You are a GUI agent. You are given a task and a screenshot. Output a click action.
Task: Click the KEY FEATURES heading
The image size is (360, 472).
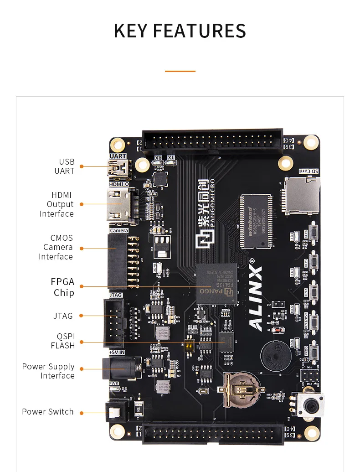click(180, 31)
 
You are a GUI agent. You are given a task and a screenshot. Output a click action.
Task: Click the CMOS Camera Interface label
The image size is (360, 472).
click(58, 247)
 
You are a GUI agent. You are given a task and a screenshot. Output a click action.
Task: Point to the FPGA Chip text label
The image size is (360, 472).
click(63, 287)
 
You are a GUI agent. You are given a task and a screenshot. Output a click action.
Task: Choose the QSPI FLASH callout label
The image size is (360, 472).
click(63, 341)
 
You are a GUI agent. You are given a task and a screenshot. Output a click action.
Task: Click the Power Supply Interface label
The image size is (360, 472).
click(48, 371)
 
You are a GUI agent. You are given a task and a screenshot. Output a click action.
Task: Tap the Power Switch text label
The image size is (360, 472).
click(48, 412)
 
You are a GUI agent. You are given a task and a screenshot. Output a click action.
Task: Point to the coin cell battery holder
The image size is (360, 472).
click(240, 389)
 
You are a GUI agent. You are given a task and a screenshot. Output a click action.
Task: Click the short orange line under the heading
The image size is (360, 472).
click(180, 71)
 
